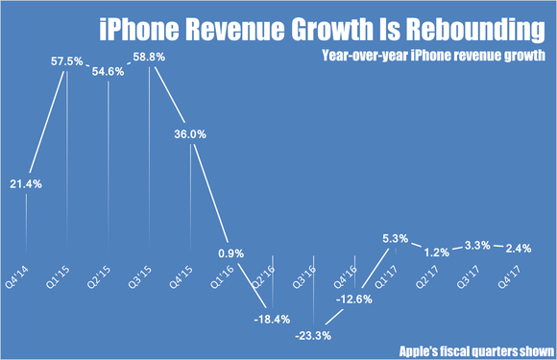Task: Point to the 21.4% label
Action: (26, 183)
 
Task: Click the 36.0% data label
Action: (190, 135)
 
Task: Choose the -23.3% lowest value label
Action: (314, 336)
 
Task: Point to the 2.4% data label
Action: (520, 247)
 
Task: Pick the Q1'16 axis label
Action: (230, 268)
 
